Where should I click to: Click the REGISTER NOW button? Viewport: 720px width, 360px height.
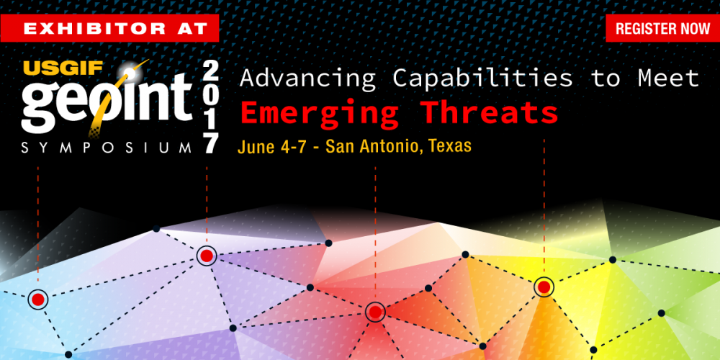pyautogui.click(x=662, y=29)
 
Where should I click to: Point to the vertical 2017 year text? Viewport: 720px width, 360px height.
pyautogui.click(x=210, y=107)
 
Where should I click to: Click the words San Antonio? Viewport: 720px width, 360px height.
pyautogui.click(x=374, y=147)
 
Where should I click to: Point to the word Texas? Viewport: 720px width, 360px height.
pyautogui.click(x=450, y=147)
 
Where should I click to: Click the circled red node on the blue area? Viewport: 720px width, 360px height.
pyautogui.click(x=37, y=299)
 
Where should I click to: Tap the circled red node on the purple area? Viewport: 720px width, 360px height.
pyautogui.click(x=207, y=256)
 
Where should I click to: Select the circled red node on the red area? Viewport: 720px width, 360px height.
pyautogui.click(x=374, y=312)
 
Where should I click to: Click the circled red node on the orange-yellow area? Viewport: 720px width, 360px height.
pyautogui.click(x=544, y=287)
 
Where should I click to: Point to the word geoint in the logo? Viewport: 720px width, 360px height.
pyautogui.click(x=104, y=108)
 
